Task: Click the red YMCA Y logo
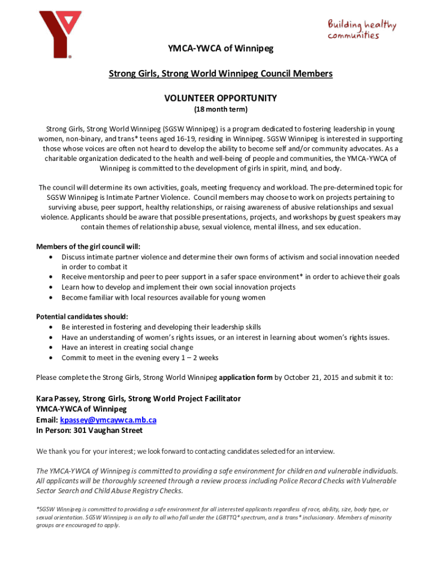59,34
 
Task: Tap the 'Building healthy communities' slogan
362,30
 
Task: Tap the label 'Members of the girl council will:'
88,247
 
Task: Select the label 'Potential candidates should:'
82,317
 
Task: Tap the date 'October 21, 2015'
312,377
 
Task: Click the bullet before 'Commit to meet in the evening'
52,358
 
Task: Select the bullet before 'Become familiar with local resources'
52,297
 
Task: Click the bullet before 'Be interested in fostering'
52,327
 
